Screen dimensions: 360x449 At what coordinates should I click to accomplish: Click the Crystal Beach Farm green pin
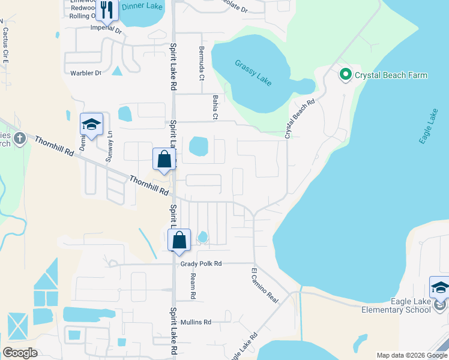tap(345, 75)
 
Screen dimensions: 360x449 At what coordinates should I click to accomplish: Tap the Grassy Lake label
tap(253, 71)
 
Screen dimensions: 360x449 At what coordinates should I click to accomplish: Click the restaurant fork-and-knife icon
tap(107, 9)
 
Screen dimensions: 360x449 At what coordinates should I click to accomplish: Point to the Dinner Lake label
tap(142, 6)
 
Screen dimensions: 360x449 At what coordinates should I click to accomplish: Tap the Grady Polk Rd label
tap(201, 263)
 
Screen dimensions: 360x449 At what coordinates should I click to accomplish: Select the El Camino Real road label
tap(265, 285)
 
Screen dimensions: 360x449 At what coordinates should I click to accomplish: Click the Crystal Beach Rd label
tap(300, 119)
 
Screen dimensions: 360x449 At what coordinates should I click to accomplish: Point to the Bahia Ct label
tap(215, 106)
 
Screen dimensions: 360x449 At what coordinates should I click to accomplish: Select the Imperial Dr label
tap(106, 28)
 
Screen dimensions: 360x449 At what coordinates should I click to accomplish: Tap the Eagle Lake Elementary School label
tap(396, 305)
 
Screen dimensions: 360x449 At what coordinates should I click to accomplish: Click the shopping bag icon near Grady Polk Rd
tap(179, 240)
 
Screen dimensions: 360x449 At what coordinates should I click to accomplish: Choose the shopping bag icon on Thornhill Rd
tap(164, 160)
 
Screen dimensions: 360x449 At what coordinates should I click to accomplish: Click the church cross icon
tap(19, 139)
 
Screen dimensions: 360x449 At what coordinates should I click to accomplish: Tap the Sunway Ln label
tap(109, 147)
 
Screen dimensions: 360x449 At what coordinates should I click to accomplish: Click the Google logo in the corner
tap(20, 353)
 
